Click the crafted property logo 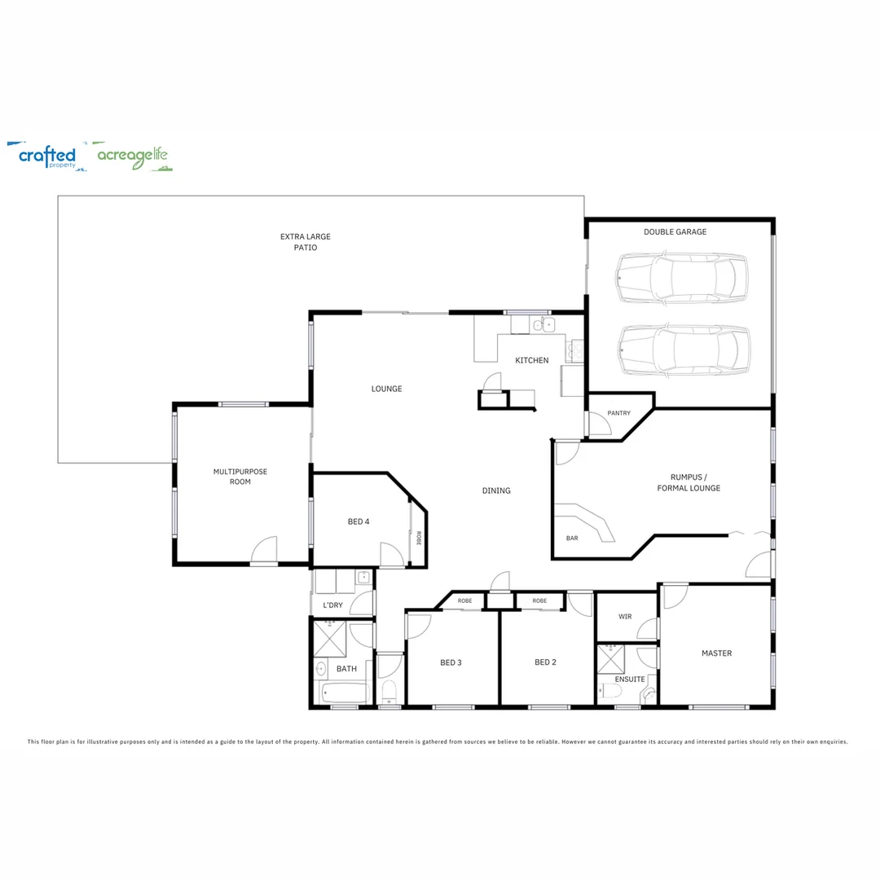47,156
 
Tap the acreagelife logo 133,156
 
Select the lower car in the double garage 683,350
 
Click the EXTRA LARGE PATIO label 306,242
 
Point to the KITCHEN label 531,360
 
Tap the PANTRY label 618,413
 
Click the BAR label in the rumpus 572,539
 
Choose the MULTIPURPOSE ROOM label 240,477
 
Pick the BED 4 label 359,521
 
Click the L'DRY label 332,605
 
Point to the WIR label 625,617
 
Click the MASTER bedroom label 716,653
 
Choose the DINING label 496,491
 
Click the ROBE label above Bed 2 539,601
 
